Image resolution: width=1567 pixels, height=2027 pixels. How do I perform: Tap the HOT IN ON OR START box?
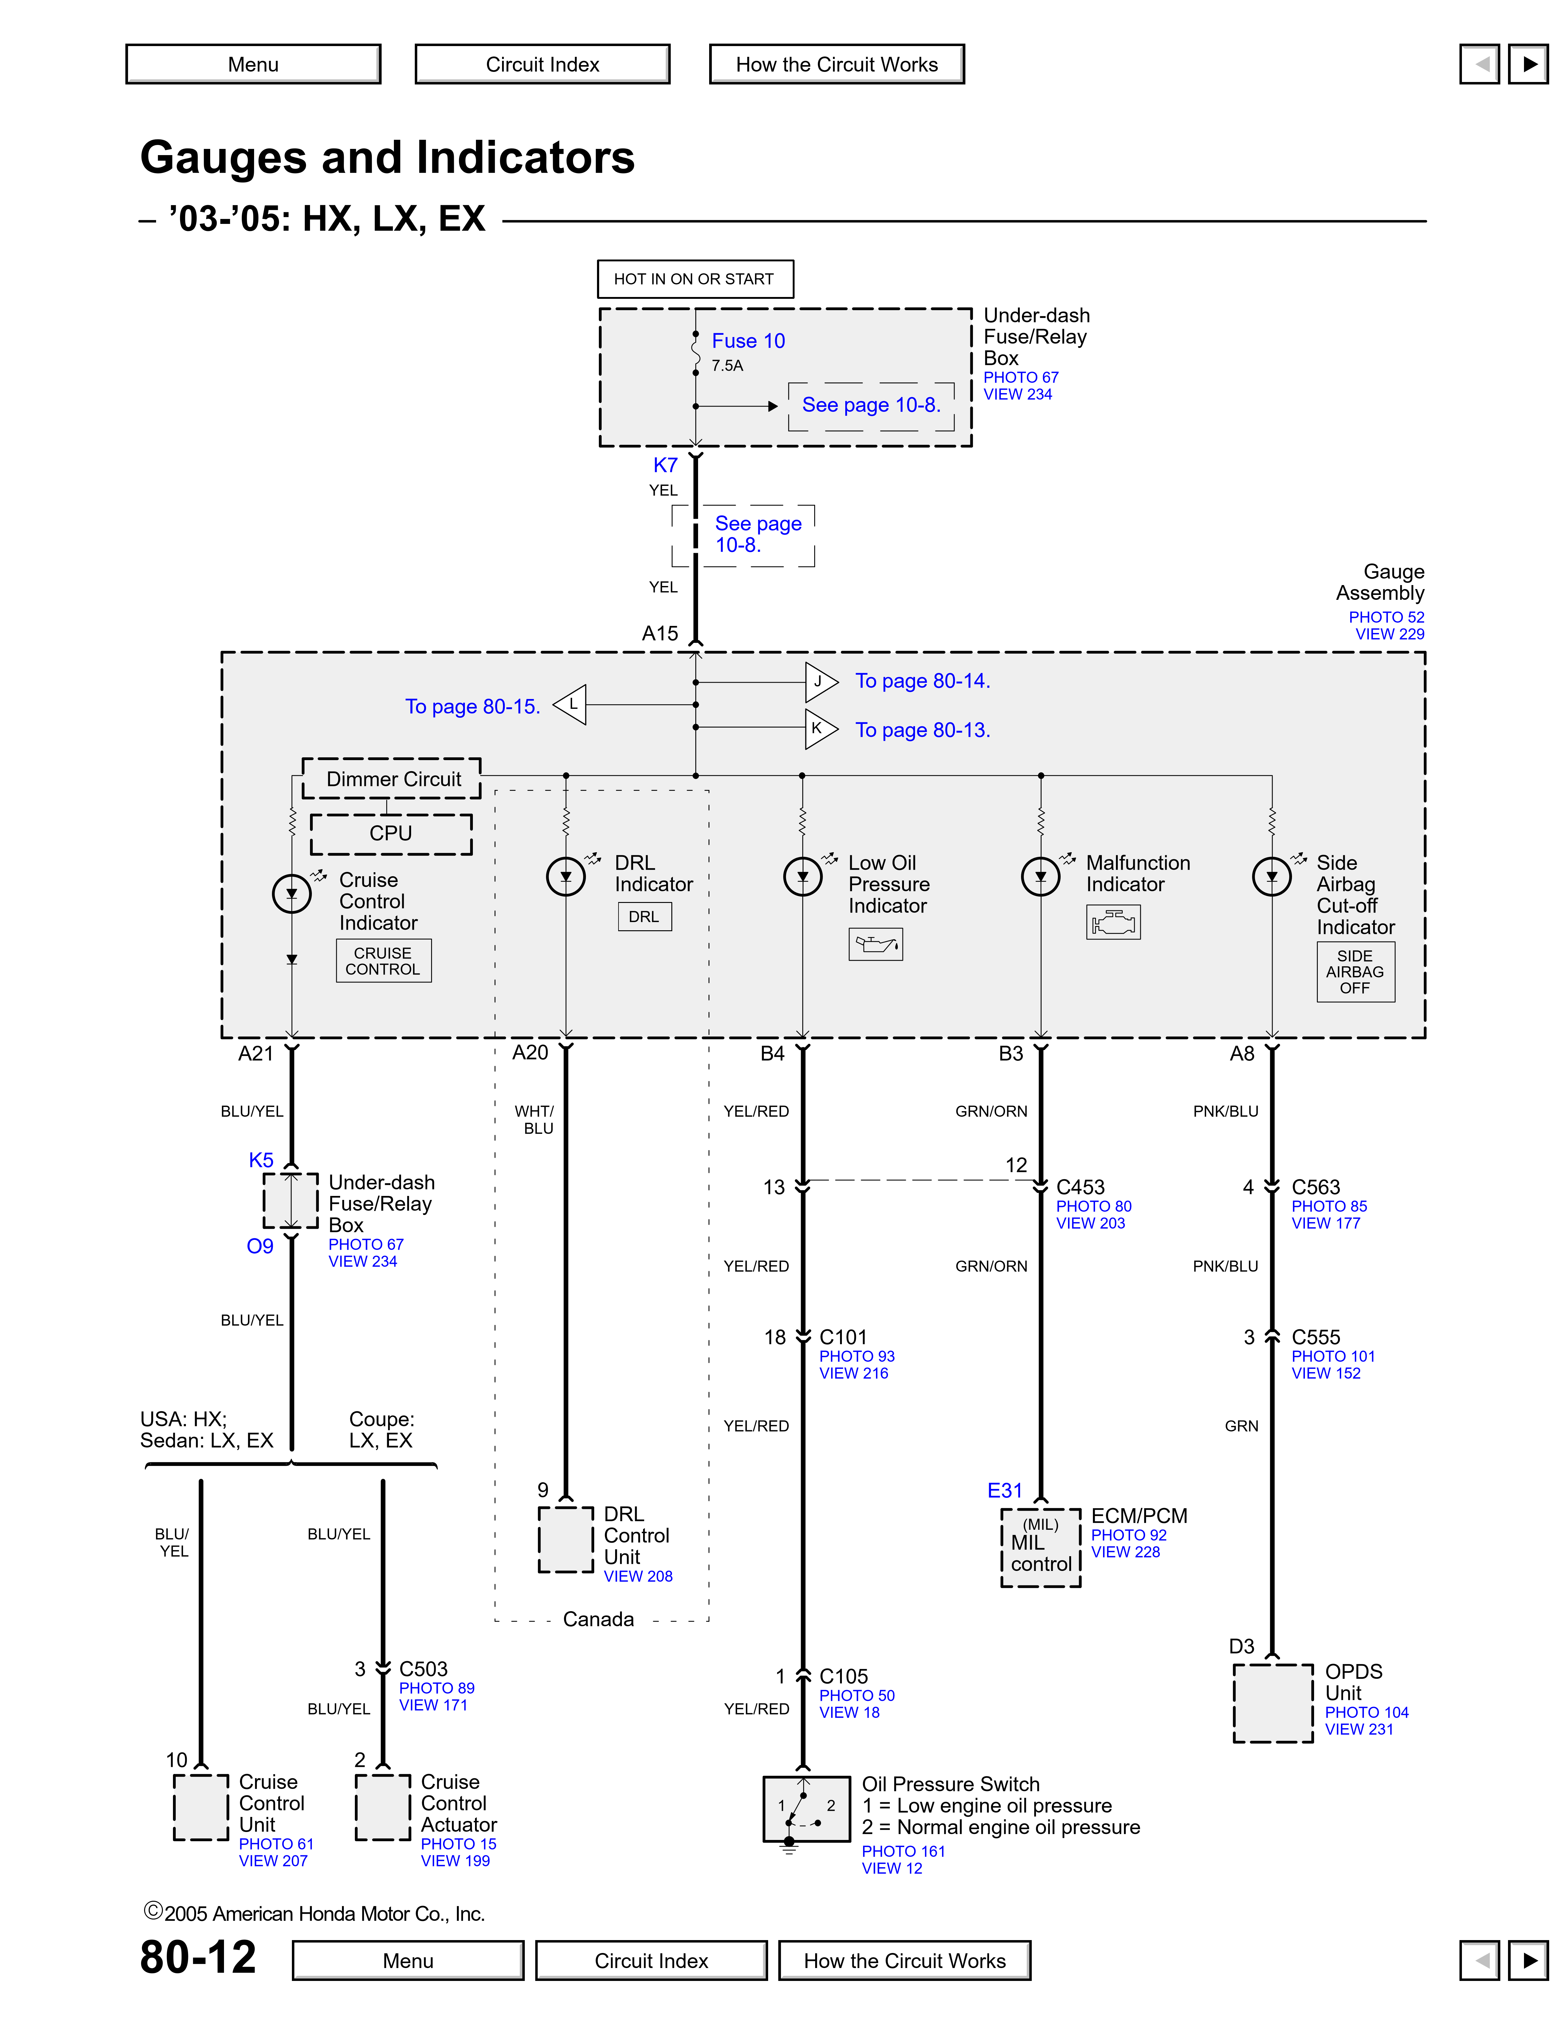694,279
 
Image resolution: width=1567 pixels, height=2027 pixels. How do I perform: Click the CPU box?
391,834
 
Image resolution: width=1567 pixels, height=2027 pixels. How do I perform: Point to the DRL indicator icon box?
644,916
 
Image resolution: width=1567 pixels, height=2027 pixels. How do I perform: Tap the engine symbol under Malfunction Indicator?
1113,923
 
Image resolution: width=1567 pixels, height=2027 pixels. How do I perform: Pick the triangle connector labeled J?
820,682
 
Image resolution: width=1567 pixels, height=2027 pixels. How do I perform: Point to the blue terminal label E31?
1004,1490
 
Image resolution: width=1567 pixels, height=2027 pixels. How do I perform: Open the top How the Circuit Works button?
836,64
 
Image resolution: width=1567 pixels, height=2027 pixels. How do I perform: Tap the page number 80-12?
198,1957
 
